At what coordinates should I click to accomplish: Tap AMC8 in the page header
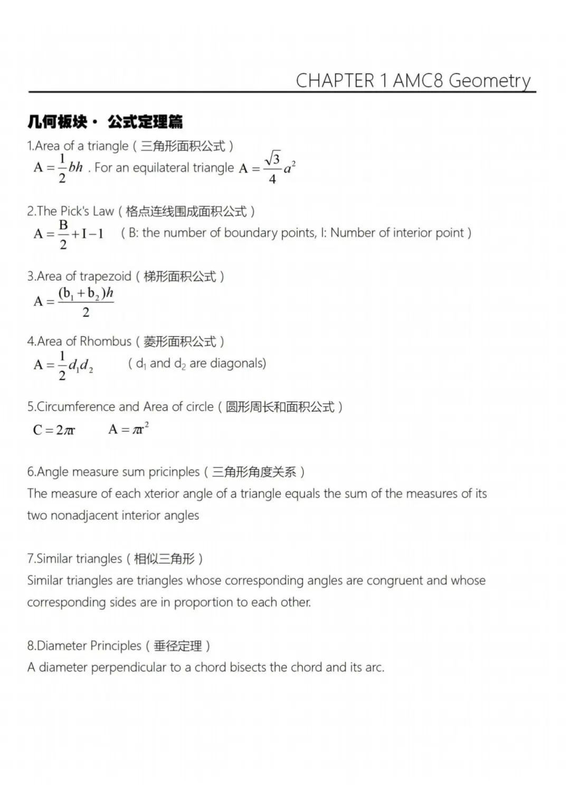418,81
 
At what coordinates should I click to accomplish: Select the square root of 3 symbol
273,158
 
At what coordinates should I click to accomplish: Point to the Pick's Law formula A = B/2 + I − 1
69,233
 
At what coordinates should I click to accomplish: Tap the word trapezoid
106,276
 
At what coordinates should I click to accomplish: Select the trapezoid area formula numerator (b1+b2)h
86,293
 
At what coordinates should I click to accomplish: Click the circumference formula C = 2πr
54,430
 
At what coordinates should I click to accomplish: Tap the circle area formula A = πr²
128,429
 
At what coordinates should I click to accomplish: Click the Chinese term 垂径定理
178,646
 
